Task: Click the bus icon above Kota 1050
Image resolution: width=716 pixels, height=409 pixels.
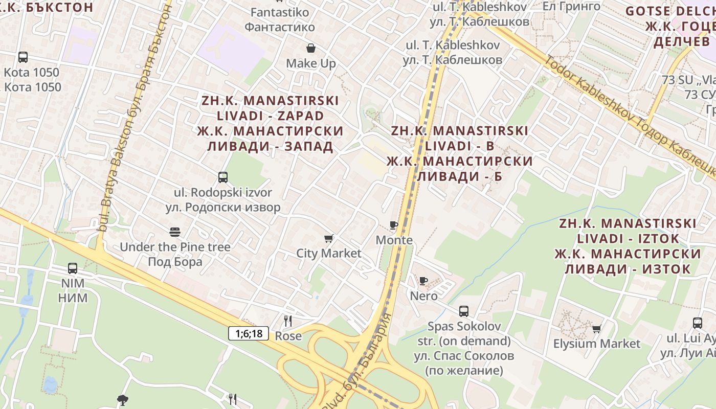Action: coord(23,57)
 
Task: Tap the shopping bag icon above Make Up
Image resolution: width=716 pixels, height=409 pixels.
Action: coord(311,48)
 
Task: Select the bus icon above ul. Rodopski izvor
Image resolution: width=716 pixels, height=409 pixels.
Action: coord(223,177)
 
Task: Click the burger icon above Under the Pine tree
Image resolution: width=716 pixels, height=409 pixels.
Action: coord(175,232)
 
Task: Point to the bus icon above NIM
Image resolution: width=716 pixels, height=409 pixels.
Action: coord(73,268)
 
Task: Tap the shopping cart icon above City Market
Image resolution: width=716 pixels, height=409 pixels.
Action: coord(329,238)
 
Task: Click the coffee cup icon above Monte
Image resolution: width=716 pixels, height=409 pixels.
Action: coord(393,225)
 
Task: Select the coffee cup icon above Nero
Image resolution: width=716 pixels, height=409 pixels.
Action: coord(423,281)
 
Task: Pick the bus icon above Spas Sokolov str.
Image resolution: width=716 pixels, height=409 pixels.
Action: coord(464,311)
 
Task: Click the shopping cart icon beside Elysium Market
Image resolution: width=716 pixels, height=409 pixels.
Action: coord(596,329)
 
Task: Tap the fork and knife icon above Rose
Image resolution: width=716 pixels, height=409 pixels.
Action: coord(288,321)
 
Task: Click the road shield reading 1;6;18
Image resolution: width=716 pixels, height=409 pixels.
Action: coord(249,334)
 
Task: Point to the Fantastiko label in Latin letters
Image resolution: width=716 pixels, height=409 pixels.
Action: coord(280,12)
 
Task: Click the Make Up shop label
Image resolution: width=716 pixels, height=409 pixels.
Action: coord(311,63)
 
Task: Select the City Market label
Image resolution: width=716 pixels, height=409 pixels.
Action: coord(329,253)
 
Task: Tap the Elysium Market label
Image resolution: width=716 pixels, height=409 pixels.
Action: coord(597,344)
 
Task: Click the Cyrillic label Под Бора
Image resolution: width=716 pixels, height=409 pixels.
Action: coord(175,262)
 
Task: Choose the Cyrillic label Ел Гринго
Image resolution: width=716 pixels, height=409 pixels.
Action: coord(571,6)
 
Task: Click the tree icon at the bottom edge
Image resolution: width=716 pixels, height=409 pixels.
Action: coord(122,400)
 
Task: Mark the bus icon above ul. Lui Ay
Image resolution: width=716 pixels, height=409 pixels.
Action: coord(698,323)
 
